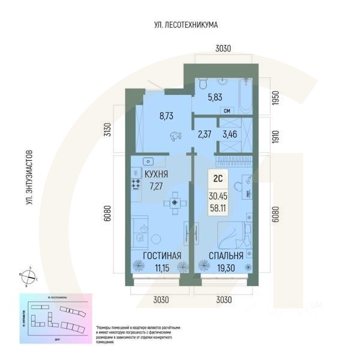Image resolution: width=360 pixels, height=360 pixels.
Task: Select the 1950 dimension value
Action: click(275, 98)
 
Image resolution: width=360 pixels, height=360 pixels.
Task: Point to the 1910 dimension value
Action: click(275, 136)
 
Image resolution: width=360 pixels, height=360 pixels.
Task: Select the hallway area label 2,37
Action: click(203, 135)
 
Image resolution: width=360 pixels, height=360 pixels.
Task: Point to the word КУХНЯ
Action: click(156, 174)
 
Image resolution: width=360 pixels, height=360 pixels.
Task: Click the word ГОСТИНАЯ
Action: click(163, 256)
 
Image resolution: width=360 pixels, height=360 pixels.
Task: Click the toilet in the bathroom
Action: click(202, 87)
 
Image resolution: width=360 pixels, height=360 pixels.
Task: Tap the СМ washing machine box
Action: click(227, 110)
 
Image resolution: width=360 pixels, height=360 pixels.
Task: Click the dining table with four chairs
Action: click(175, 203)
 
